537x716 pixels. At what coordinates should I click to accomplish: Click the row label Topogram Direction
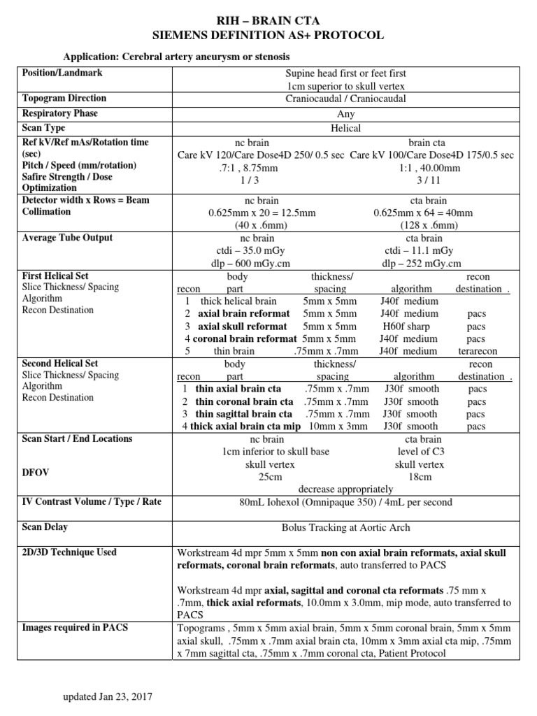click(x=64, y=99)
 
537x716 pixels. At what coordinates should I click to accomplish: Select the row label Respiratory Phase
click(x=60, y=113)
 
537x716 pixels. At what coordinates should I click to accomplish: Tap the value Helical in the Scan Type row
click(x=345, y=128)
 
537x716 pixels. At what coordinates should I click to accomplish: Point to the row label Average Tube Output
click(x=68, y=238)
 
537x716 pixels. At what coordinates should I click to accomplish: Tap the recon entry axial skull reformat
click(x=242, y=327)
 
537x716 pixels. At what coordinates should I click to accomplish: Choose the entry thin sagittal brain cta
click(x=245, y=414)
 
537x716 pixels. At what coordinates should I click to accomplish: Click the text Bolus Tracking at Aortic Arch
click(x=345, y=528)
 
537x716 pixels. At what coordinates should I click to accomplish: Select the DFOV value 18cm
click(x=420, y=477)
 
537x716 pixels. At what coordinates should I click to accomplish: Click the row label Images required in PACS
click(x=75, y=627)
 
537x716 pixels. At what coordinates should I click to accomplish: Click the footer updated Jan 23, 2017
click(x=108, y=697)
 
